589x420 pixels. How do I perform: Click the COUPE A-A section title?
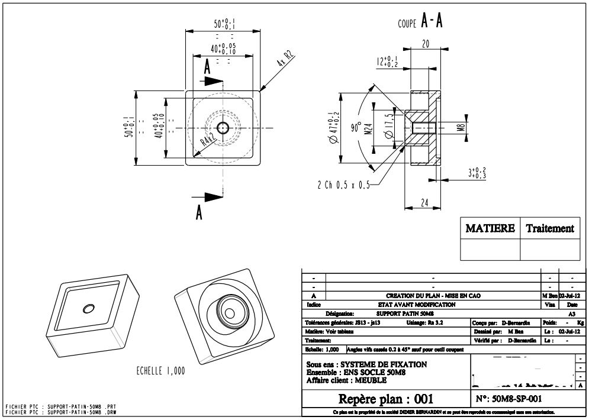pyautogui.click(x=420, y=23)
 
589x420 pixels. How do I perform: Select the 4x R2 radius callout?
pyautogui.click(x=286, y=59)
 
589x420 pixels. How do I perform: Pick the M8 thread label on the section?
pyautogui.click(x=461, y=127)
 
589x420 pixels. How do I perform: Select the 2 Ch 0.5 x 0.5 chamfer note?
pyautogui.click(x=343, y=185)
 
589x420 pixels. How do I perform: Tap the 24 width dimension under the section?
pyautogui.click(x=423, y=202)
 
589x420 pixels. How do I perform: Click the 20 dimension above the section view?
pyautogui.click(x=425, y=43)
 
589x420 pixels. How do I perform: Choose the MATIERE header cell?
pyautogui.click(x=490, y=228)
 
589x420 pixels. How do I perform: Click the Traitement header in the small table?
pyautogui.click(x=550, y=228)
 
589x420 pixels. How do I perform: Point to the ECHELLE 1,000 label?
pyautogui.click(x=161, y=371)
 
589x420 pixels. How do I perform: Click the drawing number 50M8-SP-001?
pyautogui.click(x=509, y=399)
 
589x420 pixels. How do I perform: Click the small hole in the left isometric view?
pyautogui.click(x=89, y=308)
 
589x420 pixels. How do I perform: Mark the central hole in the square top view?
pyautogui.click(x=223, y=128)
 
